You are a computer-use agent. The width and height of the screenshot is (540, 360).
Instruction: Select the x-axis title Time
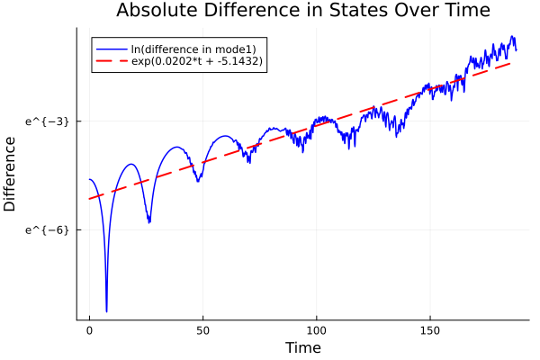[302, 347]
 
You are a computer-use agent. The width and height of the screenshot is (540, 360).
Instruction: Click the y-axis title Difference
[11, 174]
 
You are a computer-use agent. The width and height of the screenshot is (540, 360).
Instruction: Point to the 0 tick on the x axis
[89, 331]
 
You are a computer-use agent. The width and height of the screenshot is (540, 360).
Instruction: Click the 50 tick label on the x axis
[202, 331]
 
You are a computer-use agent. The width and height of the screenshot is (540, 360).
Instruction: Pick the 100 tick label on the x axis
[316, 331]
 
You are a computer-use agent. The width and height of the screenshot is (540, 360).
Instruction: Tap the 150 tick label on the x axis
[429, 331]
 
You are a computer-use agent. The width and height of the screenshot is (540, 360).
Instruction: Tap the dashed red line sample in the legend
[112, 61]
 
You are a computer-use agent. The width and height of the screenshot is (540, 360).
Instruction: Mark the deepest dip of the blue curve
[106, 311]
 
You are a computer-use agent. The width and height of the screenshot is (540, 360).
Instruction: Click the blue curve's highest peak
[512, 37]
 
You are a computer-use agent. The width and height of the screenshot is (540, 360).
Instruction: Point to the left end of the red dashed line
[90, 198]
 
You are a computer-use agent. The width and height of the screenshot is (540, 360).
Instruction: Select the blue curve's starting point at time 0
[90, 179]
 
